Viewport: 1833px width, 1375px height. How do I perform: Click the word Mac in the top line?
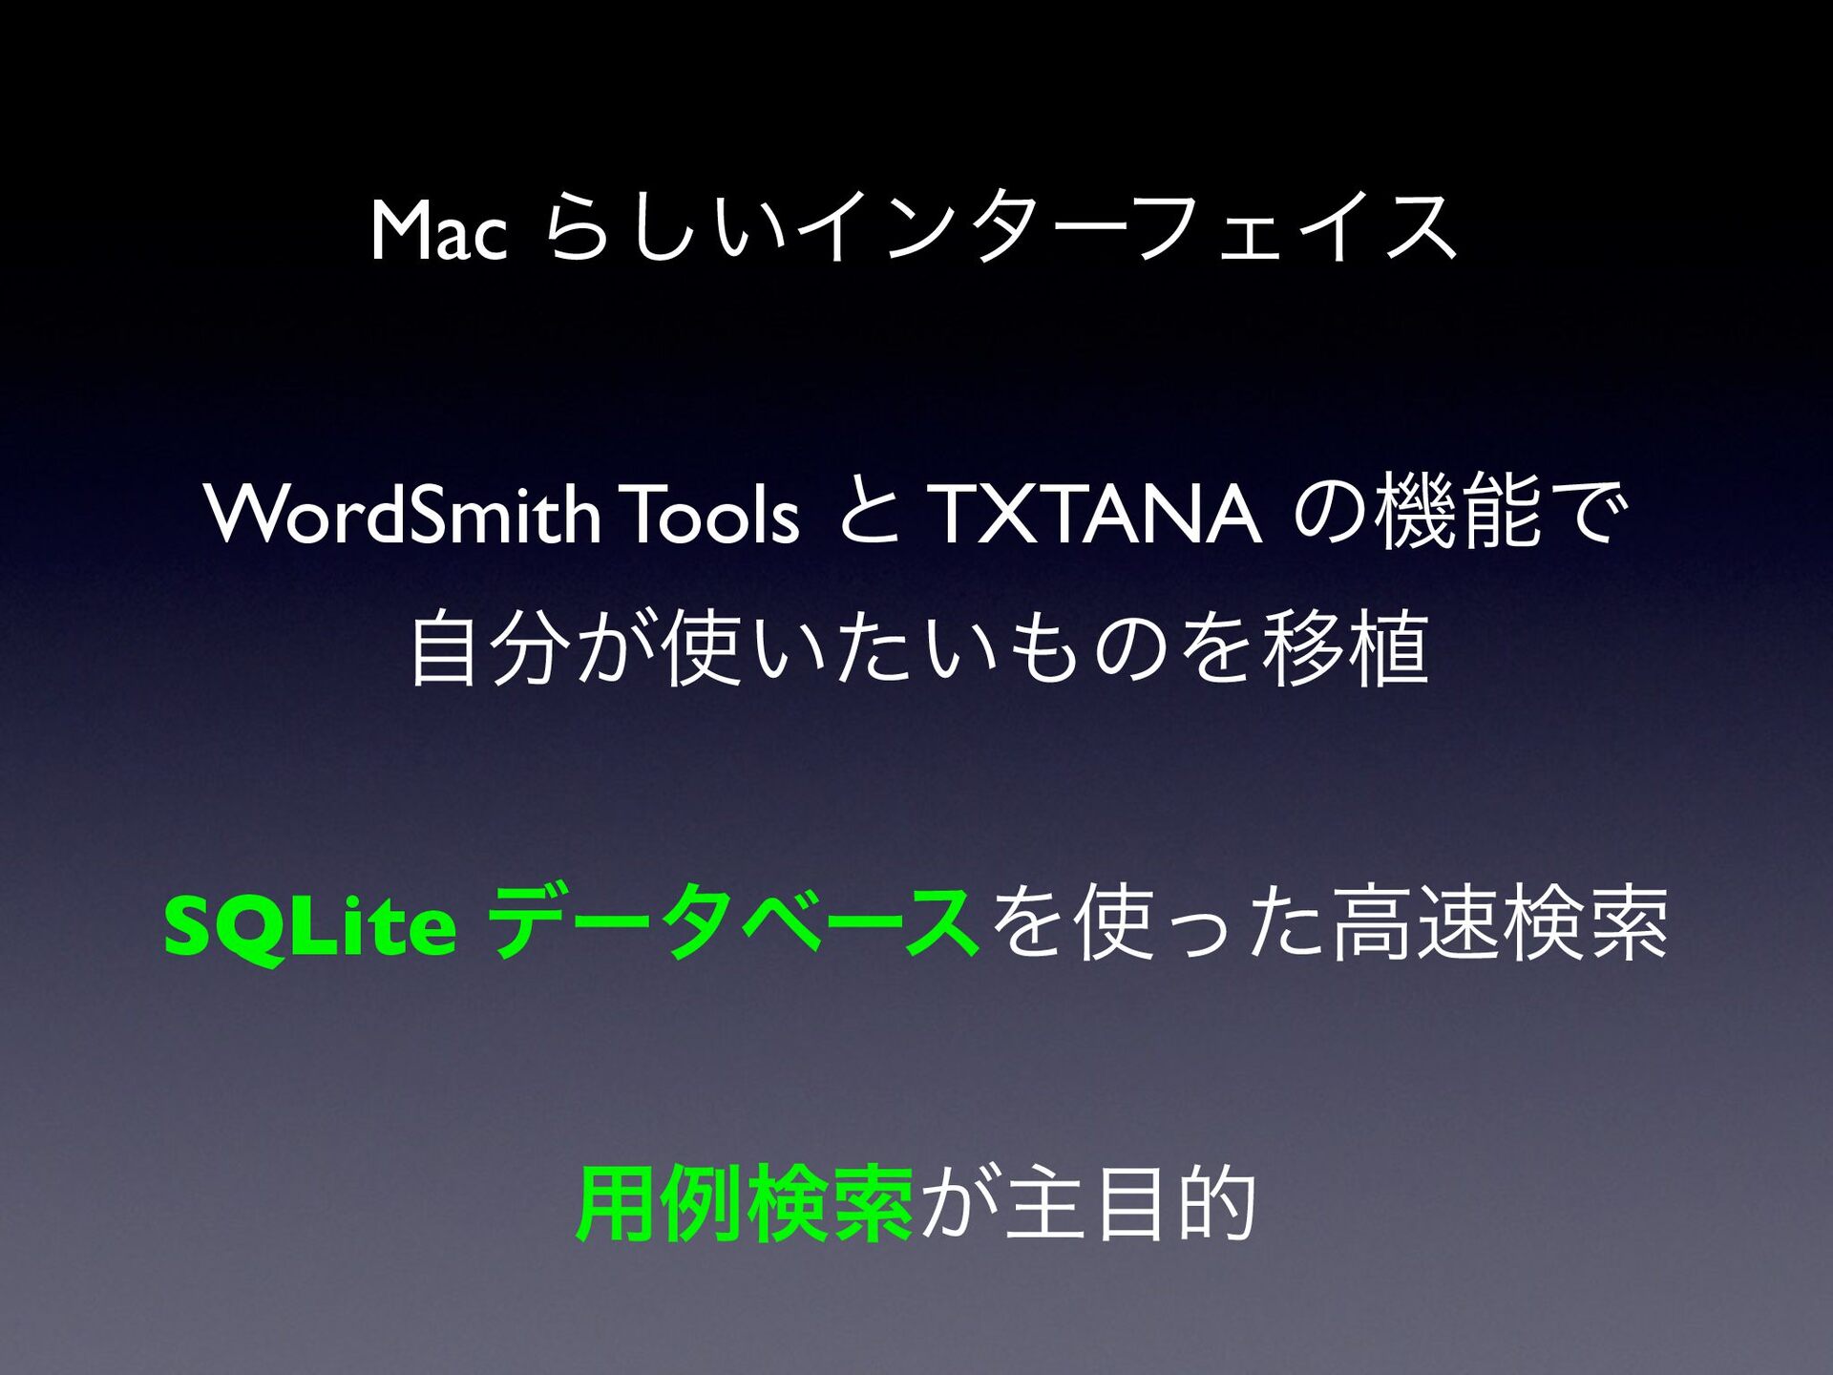pyautogui.click(x=439, y=230)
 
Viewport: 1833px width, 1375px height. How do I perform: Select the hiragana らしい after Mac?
pyautogui.click(x=666, y=227)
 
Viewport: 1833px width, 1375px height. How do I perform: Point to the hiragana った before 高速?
pyautogui.click(x=1244, y=925)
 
